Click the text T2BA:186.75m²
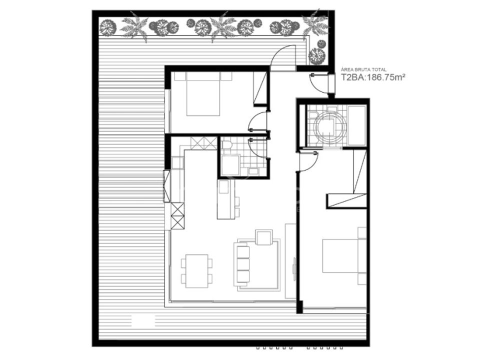pos(373,77)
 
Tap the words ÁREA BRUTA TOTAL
pos(363,70)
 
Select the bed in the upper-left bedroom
pos(203,94)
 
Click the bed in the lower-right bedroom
pos(340,255)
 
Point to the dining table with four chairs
pos(197,271)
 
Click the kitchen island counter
pos(226,199)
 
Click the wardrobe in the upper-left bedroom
pos(260,89)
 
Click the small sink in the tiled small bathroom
pos(253,171)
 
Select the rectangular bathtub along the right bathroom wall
pos(357,125)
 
